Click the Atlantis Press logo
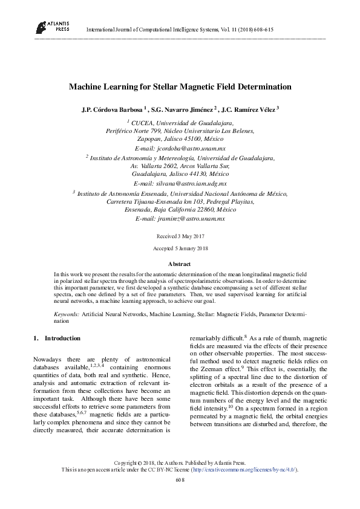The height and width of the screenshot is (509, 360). point(51,26)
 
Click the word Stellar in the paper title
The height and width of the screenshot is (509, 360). point(173,87)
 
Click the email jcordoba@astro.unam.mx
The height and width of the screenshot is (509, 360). point(189,148)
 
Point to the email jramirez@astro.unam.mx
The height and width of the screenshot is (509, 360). point(189,218)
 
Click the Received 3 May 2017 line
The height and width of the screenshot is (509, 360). point(180,236)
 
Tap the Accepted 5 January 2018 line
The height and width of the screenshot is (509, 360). point(180,248)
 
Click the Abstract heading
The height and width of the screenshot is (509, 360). point(180,264)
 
